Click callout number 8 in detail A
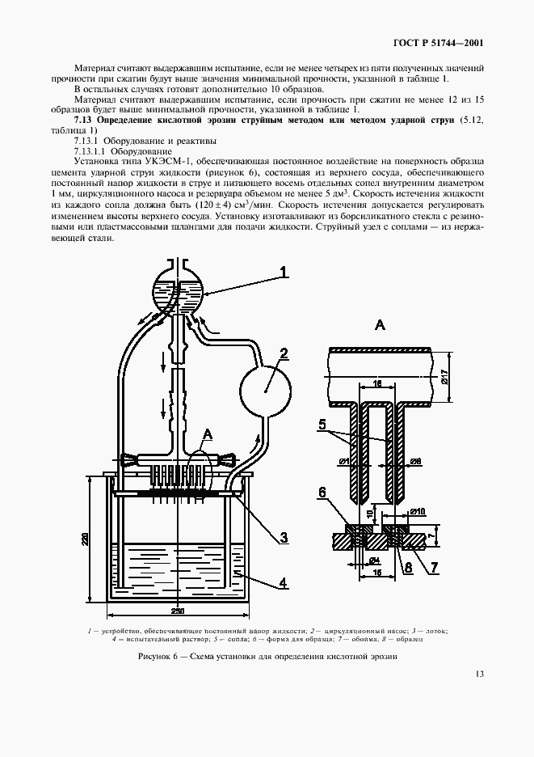pos(409,567)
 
